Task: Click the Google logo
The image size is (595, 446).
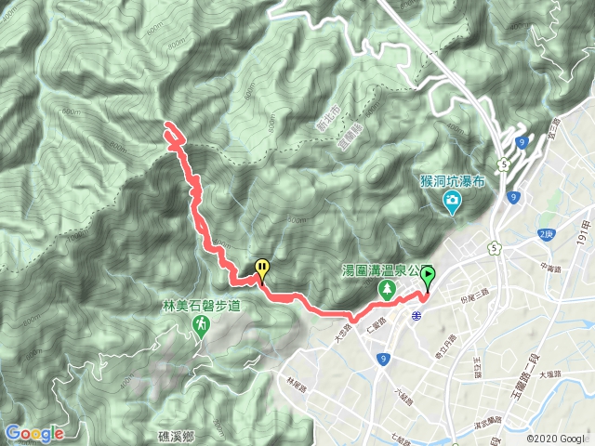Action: [x=34, y=433]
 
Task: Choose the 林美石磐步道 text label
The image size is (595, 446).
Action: [x=200, y=305]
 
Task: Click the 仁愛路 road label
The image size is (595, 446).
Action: [x=377, y=327]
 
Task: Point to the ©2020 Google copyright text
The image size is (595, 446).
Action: [x=555, y=438]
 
